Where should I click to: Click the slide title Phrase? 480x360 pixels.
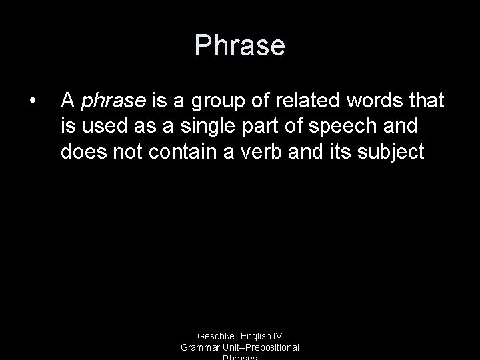239,46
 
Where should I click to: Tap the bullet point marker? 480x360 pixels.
32,101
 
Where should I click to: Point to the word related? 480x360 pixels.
306,100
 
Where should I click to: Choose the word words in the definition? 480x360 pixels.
377,100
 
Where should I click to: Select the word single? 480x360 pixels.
201,127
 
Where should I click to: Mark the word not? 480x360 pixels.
127,152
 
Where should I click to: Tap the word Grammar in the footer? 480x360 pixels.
200,347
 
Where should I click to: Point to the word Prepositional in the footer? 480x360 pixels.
271,347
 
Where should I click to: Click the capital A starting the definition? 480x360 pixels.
67,100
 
